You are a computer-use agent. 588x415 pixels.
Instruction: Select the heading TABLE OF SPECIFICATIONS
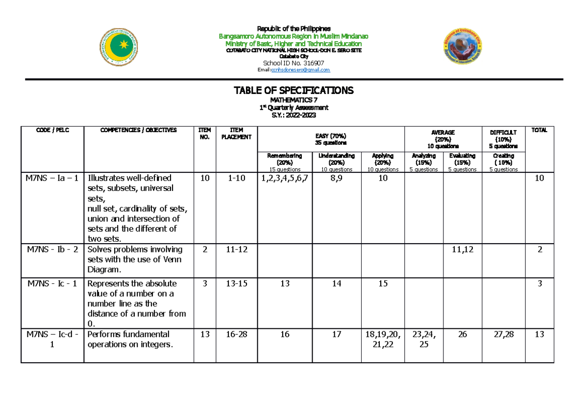tap(294, 91)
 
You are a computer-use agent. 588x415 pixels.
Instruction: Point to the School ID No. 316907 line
tap(294, 63)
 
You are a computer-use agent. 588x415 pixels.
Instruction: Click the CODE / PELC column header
tap(52, 130)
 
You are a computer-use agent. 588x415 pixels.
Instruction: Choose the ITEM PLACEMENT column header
tap(236, 134)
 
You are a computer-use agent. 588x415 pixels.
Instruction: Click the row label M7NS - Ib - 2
tap(52, 250)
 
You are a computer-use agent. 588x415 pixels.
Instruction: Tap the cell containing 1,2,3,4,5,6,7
tap(284, 178)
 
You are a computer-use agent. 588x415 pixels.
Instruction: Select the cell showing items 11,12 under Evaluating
tap(462, 250)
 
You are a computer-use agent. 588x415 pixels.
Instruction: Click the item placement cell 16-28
tap(236, 334)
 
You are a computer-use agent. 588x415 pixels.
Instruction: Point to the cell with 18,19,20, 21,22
tap(382, 339)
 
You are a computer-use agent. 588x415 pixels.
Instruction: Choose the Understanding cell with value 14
tap(336, 284)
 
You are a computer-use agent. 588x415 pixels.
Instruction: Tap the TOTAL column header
tap(539, 130)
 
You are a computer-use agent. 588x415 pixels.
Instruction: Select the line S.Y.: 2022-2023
tap(294, 115)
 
